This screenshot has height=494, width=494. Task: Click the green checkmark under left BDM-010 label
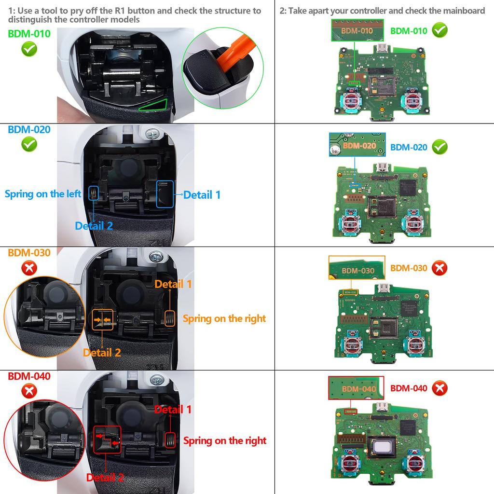tap(29, 49)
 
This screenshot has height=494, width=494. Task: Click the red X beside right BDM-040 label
tap(439, 388)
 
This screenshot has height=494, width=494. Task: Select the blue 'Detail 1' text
tap(202, 195)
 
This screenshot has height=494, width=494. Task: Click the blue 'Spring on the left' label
tap(43, 194)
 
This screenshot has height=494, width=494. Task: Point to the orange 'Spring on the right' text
tap(224, 318)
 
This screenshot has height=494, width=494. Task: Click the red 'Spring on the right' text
tap(224, 440)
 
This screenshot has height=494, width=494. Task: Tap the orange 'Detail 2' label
tap(102, 353)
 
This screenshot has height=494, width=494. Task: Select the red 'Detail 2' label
tap(105, 478)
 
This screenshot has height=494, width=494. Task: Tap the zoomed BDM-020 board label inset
tap(358, 145)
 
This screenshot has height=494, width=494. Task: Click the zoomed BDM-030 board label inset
tap(357, 268)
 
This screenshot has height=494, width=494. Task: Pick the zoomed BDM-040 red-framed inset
tap(356, 388)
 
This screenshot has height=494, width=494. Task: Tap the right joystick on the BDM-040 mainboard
tap(414, 464)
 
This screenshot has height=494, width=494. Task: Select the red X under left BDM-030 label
tap(29, 268)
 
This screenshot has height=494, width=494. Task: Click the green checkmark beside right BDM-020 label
tap(439, 147)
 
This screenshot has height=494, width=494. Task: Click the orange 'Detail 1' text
tap(173, 284)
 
